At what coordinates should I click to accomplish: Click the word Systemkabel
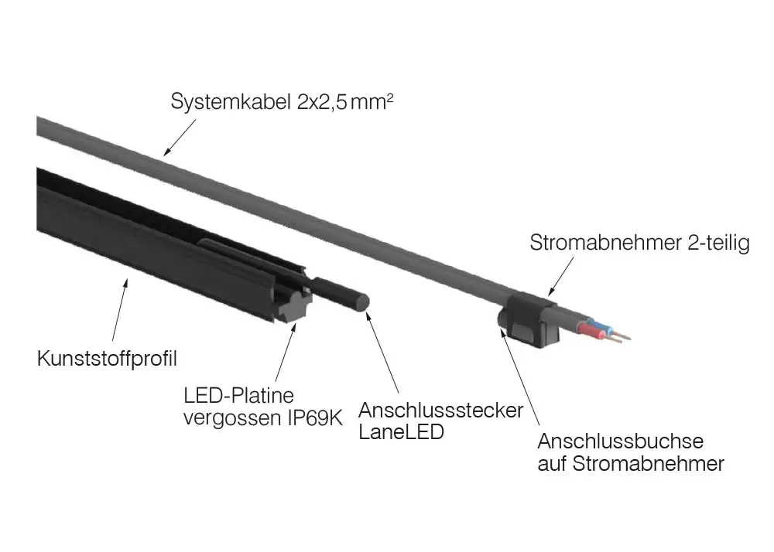231,102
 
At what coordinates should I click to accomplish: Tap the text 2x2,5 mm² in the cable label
345,102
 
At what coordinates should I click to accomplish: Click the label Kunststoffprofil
107,358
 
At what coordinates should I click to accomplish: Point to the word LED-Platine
239,395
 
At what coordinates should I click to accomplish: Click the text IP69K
315,418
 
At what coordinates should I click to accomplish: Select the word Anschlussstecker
441,410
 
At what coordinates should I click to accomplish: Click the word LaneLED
401,432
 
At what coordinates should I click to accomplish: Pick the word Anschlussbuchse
621,441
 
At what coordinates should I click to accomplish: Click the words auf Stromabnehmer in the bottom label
631,464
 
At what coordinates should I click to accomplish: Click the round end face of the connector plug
363,302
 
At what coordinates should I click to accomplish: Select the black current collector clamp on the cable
529,319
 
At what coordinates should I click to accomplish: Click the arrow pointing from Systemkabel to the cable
180,137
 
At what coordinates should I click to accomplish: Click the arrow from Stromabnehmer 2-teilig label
560,276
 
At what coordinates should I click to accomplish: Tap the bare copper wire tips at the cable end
621,336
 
